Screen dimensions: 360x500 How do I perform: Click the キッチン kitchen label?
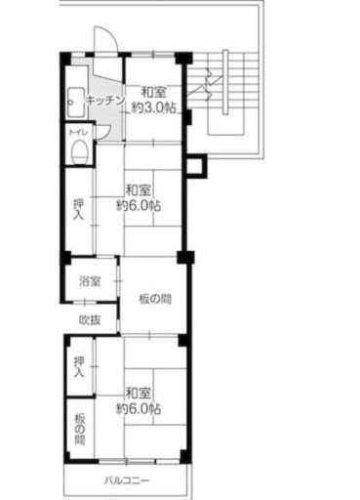[x=104, y=101]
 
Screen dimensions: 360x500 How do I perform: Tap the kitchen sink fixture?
[x=77, y=103]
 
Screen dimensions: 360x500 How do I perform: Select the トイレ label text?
[x=78, y=132]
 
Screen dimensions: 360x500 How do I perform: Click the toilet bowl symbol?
[x=79, y=151]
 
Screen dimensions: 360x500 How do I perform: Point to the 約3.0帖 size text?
[x=154, y=107]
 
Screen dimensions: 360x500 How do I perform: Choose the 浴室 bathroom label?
[x=90, y=281]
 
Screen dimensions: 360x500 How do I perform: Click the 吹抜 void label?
[x=90, y=320]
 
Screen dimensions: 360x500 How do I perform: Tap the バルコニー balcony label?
[x=127, y=480]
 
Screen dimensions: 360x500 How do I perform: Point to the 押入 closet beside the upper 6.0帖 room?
[x=78, y=209]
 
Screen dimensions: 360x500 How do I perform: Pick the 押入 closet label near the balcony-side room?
[x=79, y=367]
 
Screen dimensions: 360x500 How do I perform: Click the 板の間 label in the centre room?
[x=155, y=299]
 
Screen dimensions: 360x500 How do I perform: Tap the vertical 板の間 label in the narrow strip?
[x=79, y=429]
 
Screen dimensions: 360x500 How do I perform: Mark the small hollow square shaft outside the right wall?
[x=196, y=166]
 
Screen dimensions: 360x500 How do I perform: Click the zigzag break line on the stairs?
[x=207, y=85]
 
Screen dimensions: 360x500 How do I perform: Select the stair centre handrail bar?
[x=225, y=82]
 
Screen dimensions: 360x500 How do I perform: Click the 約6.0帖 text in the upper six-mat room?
[x=139, y=206]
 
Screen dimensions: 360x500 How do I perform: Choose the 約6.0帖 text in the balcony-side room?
[x=139, y=409]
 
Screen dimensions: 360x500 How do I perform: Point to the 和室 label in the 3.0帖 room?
[x=153, y=93]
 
